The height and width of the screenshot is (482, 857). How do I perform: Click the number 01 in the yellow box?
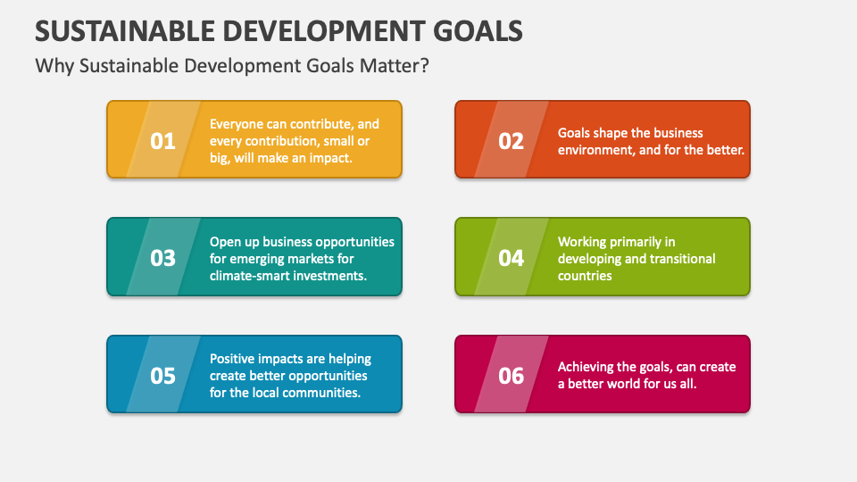162,141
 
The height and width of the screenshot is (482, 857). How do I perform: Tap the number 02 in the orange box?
511,141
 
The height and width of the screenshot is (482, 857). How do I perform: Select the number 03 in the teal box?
162,258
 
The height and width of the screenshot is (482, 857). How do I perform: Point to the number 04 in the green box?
511,258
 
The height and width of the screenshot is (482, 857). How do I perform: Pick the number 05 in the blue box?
162,376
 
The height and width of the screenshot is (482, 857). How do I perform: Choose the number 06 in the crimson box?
511,376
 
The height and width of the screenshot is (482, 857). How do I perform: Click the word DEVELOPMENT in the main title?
319,30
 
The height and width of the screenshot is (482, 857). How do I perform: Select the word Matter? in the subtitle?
396,66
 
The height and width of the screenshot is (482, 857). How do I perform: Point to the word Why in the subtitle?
51,66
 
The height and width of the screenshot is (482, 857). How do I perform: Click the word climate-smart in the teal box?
249,276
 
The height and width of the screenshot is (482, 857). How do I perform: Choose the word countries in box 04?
585,276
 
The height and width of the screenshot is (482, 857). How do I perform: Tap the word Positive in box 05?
232,359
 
